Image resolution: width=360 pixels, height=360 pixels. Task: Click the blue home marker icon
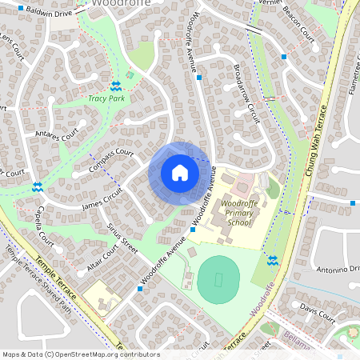(179, 173)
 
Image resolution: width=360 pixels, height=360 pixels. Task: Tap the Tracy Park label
(106, 99)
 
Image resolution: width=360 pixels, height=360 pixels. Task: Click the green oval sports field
(218, 280)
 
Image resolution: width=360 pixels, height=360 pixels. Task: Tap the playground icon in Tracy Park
(130, 74)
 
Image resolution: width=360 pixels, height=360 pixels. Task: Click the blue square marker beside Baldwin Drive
(21, 6)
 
